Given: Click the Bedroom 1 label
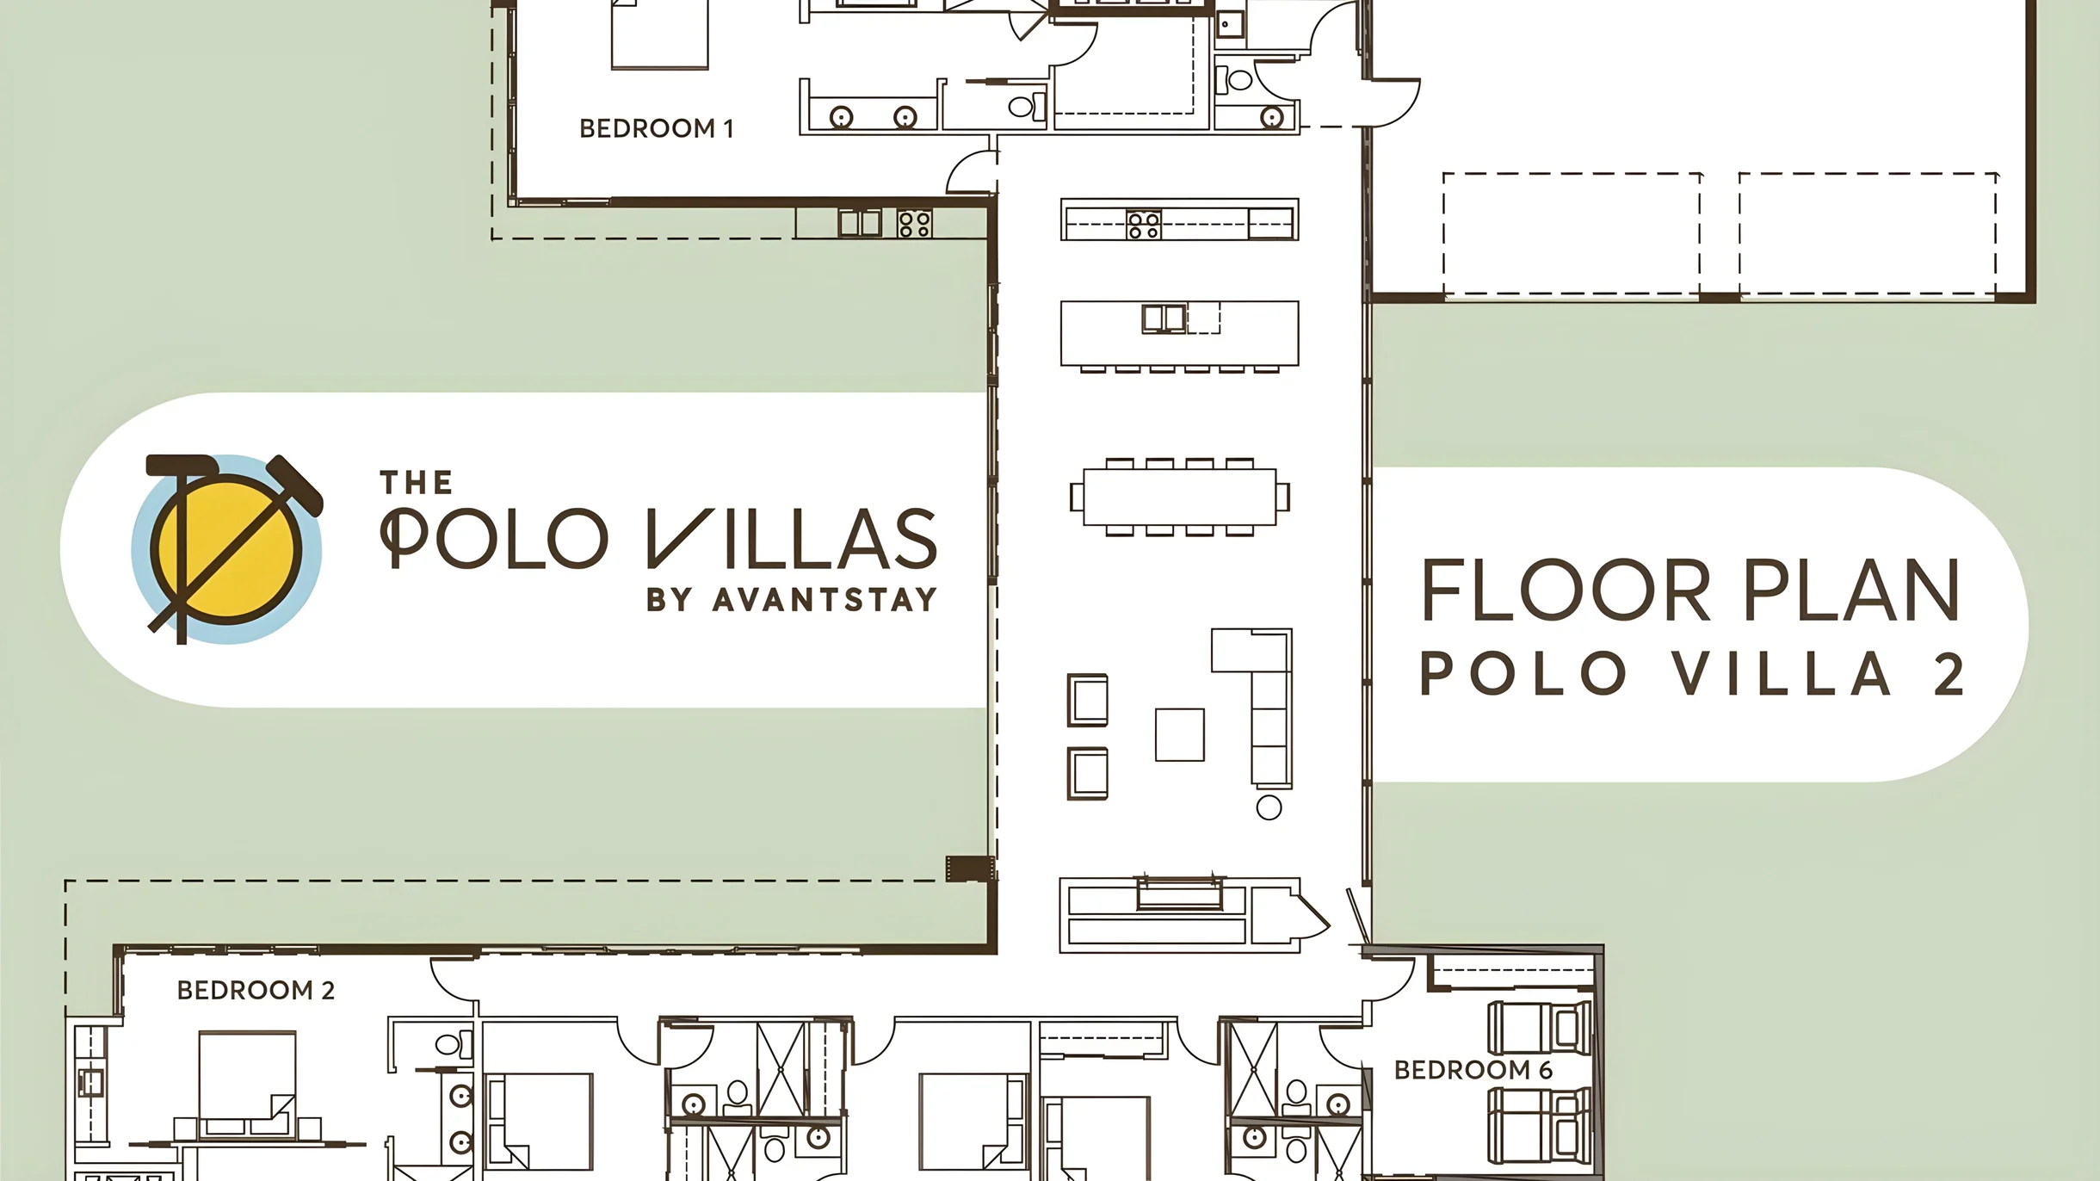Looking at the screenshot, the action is coord(656,128).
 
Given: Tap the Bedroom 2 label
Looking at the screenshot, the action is coord(256,990).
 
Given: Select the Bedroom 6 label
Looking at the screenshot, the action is coord(1473,1070).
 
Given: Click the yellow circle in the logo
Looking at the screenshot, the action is coord(226,550).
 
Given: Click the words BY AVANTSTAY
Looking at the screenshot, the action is coord(792,599).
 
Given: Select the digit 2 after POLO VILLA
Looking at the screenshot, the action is coord(1949,674).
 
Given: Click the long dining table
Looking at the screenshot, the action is coord(1179,497).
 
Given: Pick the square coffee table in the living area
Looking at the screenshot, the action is coord(1179,734).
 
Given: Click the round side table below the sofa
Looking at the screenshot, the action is coord(1269,807).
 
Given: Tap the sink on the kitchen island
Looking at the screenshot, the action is coord(1164,318).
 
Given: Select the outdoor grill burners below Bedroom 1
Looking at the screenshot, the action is coord(914,224).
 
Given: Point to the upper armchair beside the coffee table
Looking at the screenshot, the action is coord(1088,700).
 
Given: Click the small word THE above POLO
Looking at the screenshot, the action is coord(417,483).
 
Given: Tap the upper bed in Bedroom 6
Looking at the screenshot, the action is coord(1540,1028).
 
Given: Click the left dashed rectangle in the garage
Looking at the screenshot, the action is coord(1572,233).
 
